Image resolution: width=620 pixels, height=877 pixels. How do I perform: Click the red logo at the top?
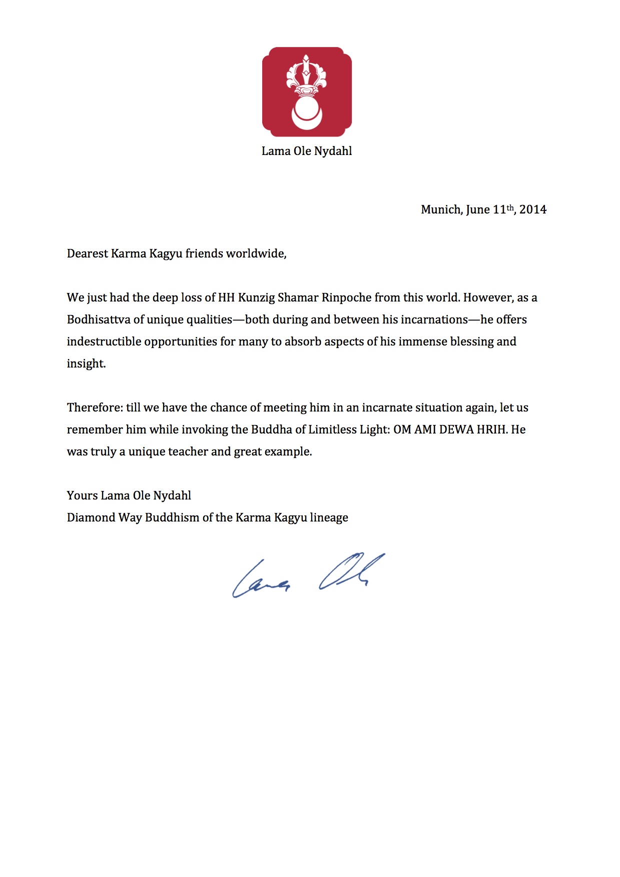click(307, 92)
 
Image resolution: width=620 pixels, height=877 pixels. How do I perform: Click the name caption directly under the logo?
click(307, 151)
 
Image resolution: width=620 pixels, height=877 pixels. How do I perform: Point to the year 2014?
click(532, 209)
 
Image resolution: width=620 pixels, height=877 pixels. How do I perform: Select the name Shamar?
click(298, 297)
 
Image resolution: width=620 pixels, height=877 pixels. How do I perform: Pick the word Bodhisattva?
click(98, 319)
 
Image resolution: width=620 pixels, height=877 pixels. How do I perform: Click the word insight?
click(86, 363)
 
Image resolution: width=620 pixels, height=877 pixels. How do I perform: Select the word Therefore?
click(95, 407)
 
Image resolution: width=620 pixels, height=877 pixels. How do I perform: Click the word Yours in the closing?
click(82, 495)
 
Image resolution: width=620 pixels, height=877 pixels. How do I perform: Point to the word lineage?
click(329, 517)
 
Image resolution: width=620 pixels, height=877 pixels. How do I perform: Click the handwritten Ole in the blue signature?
click(350, 571)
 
